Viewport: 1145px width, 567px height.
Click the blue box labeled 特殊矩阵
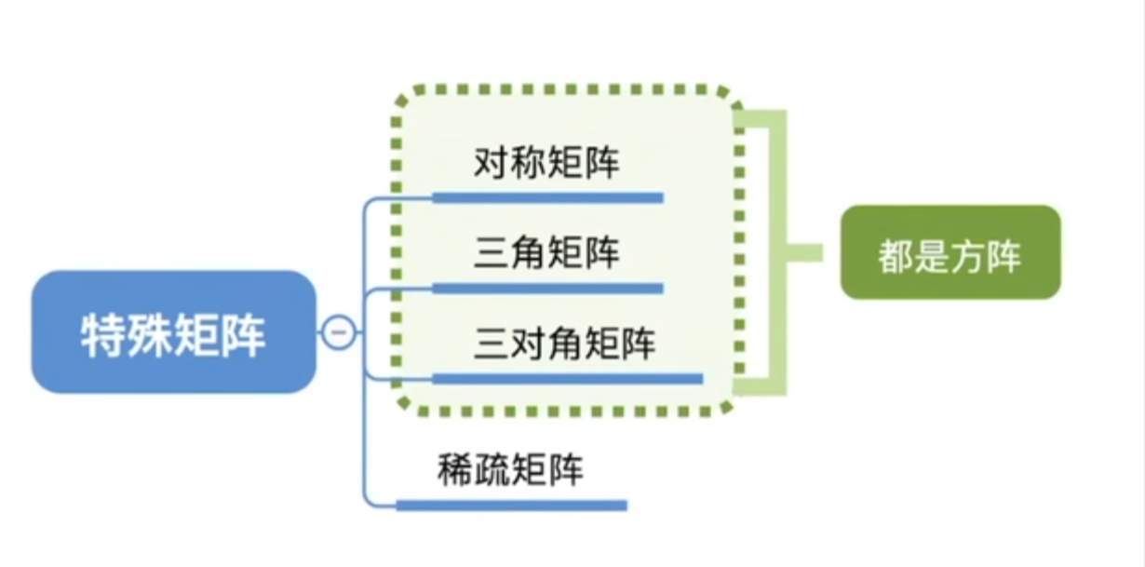(173, 332)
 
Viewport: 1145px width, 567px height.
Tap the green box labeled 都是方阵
(950, 253)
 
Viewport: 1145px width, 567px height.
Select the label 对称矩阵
(546, 165)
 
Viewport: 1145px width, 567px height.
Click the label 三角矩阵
(546, 253)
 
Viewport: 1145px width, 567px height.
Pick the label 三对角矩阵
(565, 344)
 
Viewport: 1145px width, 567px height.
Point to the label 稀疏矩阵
(510, 471)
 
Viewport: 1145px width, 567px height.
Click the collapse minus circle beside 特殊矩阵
(339, 331)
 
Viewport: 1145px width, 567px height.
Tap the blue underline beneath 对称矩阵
(547, 197)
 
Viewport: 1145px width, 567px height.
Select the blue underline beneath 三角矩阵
(547, 289)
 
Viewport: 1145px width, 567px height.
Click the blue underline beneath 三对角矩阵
(568, 378)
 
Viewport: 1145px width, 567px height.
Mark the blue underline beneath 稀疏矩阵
(512, 506)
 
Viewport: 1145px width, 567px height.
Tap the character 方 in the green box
(968, 254)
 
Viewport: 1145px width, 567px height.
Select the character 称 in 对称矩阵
(529, 165)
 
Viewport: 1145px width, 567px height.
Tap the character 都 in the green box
(896, 254)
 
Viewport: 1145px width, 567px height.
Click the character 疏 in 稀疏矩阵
(492, 471)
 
